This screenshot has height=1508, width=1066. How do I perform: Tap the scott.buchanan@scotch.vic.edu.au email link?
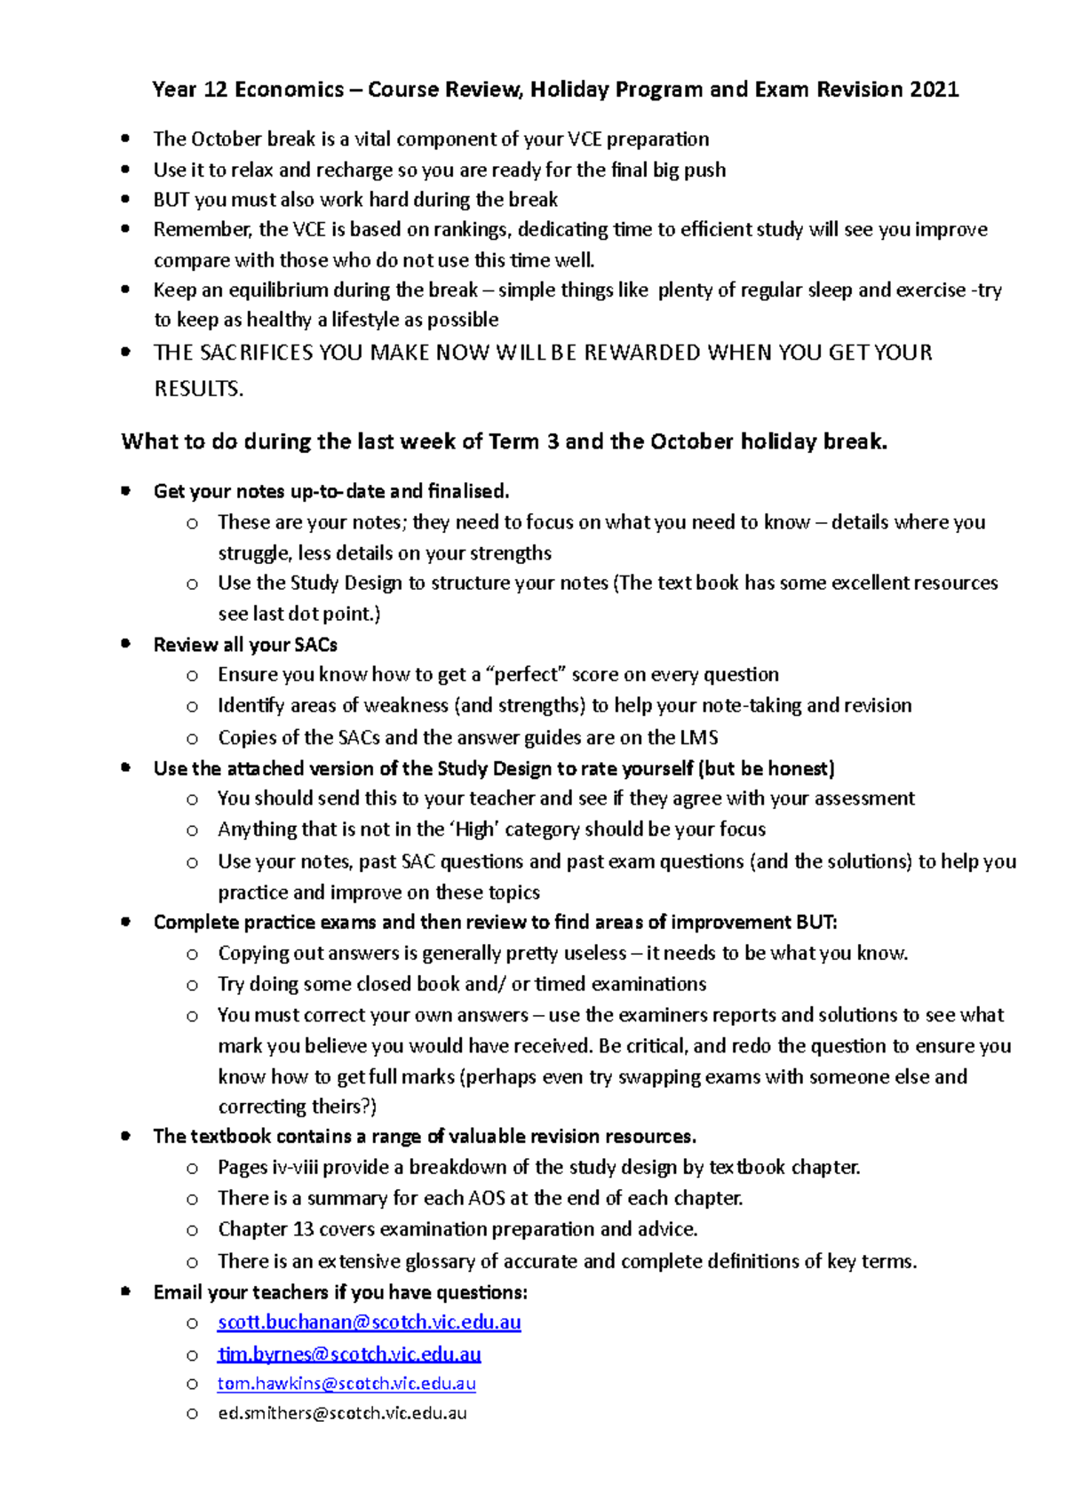click(369, 1322)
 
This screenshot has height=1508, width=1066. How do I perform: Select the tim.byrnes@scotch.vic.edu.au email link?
click(349, 1354)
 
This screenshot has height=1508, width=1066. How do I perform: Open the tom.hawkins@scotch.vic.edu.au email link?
click(346, 1384)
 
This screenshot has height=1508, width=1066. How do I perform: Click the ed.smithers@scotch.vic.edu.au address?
click(342, 1413)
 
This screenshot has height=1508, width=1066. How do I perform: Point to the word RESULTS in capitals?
click(198, 389)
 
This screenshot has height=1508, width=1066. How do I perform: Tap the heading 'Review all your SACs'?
click(245, 645)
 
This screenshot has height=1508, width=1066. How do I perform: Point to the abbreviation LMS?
click(698, 738)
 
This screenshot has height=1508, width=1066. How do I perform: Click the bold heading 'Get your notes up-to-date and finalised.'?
click(331, 491)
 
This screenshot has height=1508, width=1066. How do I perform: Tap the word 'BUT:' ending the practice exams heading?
click(816, 923)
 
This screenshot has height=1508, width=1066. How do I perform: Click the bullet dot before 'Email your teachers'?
click(126, 1291)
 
